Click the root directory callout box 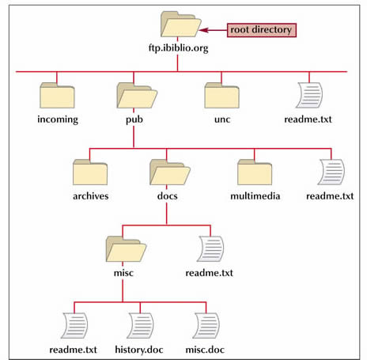[262, 30]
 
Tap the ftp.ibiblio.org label [178, 48]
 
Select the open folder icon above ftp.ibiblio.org [181, 24]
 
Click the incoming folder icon [57, 95]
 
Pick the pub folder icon [137, 95]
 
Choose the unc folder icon [221, 95]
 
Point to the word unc [222, 119]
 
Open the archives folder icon [90, 172]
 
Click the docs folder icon [170, 172]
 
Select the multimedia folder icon [255, 172]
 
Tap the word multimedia [255, 196]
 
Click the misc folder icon [126, 248]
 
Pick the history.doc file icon [140, 325]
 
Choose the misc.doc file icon [206, 325]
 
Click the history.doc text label [139, 350]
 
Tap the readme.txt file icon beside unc [309, 95]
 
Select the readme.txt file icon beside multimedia [331, 172]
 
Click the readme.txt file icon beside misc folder [210, 248]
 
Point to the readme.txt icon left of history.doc [74, 325]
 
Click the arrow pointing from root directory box [213, 30]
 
